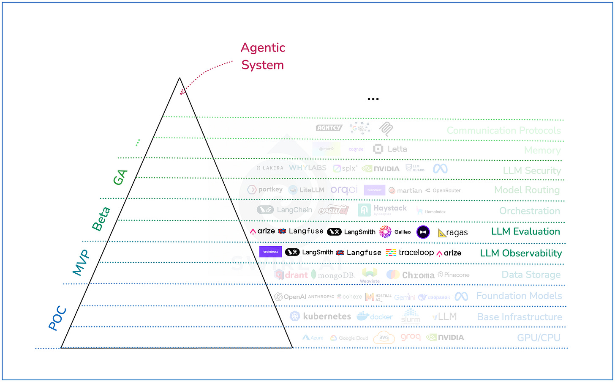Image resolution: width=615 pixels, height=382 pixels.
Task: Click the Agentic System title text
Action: [263, 56]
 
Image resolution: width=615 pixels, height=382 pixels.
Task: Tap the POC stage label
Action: [57, 318]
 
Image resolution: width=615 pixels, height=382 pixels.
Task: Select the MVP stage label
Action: [81, 262]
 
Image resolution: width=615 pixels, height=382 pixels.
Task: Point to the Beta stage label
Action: [101, 219]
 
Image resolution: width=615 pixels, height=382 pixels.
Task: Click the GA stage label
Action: [120, 177]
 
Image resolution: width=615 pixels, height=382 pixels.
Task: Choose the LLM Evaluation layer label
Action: [525, 231]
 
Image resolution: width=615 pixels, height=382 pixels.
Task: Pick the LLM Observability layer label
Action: [521, 253]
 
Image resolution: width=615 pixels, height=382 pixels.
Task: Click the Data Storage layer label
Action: [531, 275]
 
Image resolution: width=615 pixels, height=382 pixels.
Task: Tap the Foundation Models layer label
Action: [519, 296]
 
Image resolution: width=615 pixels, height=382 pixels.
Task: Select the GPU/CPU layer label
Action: [539, 338]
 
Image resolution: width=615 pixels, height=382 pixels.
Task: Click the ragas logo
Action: [453, 233]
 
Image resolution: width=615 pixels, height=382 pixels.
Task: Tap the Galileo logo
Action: [395, 231]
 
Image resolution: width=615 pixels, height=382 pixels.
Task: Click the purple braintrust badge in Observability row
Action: [270, 252]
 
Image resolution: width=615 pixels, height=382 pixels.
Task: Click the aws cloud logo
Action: [384, 338]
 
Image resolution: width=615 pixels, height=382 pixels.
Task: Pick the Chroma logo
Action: [410, 275]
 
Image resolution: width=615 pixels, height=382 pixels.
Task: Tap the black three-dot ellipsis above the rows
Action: [373, 99]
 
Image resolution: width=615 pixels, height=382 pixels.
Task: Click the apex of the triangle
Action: [180, 78]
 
